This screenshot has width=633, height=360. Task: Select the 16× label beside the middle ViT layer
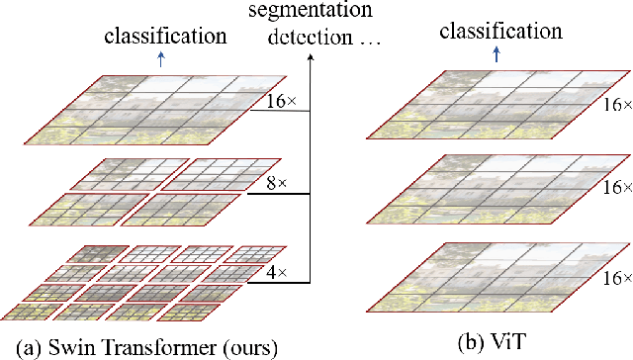(x=619, y=188)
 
